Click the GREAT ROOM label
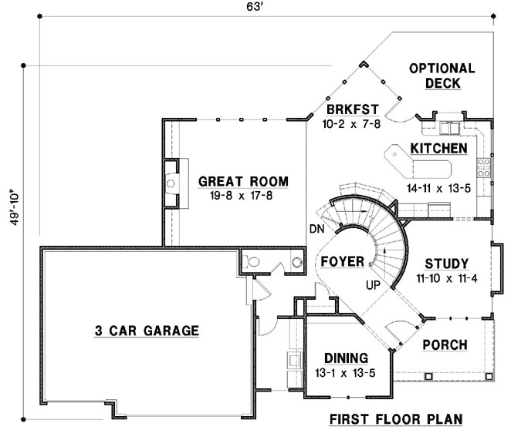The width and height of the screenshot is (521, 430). [x=243, y=182]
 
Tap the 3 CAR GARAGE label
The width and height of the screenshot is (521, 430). [x=147, y=331]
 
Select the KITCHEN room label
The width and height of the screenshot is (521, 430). [x=438, y=148]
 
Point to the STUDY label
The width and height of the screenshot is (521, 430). [x=447, y=262]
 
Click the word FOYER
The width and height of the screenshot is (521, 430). [x=342, y=262]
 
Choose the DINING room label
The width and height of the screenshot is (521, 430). [x=345, y=358]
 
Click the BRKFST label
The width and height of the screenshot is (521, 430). [x=351, y=109]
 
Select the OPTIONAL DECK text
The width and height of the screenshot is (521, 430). [x=441, y=76]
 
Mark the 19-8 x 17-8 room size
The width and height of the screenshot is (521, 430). [x=243, y=196]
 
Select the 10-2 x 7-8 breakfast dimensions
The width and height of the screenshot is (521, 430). [x=351, y=122]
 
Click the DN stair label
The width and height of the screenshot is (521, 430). [x=316, y=229]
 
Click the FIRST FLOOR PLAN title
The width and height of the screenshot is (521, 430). [x=395, y=419]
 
